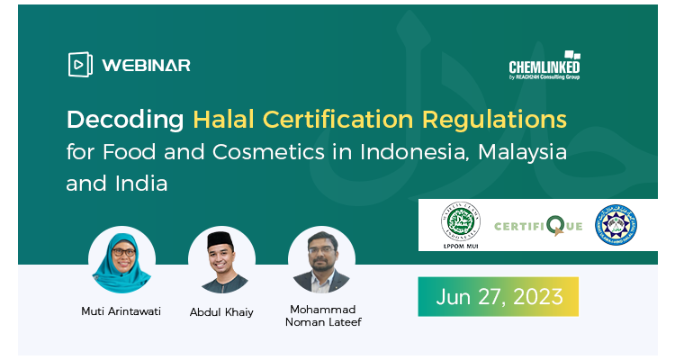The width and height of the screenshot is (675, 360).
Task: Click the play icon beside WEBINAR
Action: tap(80, 65)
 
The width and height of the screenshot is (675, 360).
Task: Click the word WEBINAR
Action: tap(146, 65)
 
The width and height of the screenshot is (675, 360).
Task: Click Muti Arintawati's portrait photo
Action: tap(121, 260)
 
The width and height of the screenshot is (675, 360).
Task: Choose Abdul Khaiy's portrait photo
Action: tap(222, 260)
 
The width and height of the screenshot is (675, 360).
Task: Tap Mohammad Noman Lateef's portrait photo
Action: tap(321, 260)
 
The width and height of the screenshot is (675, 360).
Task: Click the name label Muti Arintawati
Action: tap(121, 311)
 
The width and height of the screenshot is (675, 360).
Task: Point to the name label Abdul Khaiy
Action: tap(221, 311)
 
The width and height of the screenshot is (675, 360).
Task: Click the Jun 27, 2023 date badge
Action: tap(498, 296)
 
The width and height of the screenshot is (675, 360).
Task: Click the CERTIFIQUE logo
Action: tap(539, 225)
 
